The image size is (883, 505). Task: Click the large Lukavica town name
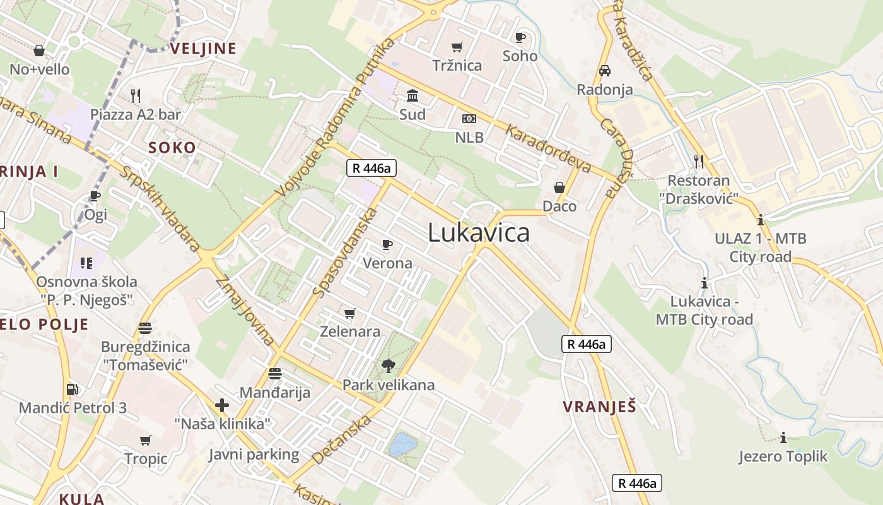click(x=479, y=233)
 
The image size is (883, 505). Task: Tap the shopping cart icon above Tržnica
click(x=457, y=47)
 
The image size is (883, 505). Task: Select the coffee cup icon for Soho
click(x=520, y=38)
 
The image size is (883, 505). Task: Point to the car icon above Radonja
click(x=605, y=71)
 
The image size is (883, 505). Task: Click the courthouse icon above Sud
click(x=412, y=96)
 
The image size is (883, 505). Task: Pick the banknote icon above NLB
click(x=469, y=119)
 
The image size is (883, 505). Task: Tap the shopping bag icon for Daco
click(x=559, y=187)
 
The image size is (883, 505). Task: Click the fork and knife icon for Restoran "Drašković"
click(x=699, y=162)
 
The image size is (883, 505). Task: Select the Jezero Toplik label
click(x=783, y=456)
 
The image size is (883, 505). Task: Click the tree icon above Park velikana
click(x=389, y=365)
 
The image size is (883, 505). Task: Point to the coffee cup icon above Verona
click(x=387, y=244)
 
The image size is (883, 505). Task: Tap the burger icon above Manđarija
click(x=274, y=374)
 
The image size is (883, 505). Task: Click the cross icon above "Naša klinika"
click(x=222, y=405)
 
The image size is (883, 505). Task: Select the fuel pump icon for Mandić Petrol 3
click(x=73, y=389)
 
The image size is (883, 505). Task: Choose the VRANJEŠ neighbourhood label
click(x=599, y=407)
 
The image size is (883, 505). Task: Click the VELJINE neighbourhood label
click(x=203, y=49)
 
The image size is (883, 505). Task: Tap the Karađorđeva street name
click(x=548, y=148)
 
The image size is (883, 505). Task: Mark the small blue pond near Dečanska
click(x=402, y=445)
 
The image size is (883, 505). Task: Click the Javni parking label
click(x=254, y=454)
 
